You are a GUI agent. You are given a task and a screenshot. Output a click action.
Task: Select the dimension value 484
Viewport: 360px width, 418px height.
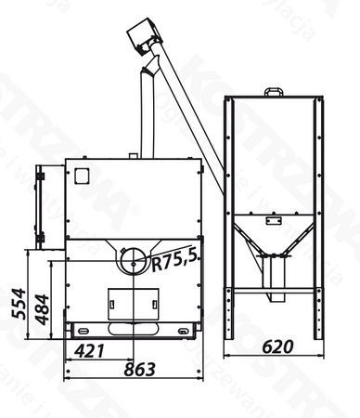[x=40, y=307]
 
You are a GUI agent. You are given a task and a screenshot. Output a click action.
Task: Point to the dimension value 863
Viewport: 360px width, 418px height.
[x=139, y=370]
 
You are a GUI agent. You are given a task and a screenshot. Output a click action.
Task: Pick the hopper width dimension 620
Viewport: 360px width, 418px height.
[x=276, y=346]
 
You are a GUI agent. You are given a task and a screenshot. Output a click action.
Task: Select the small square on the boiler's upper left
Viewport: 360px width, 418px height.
[x=80, y=173]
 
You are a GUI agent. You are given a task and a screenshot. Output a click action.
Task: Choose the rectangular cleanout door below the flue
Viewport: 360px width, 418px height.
[x=130, y=304]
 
